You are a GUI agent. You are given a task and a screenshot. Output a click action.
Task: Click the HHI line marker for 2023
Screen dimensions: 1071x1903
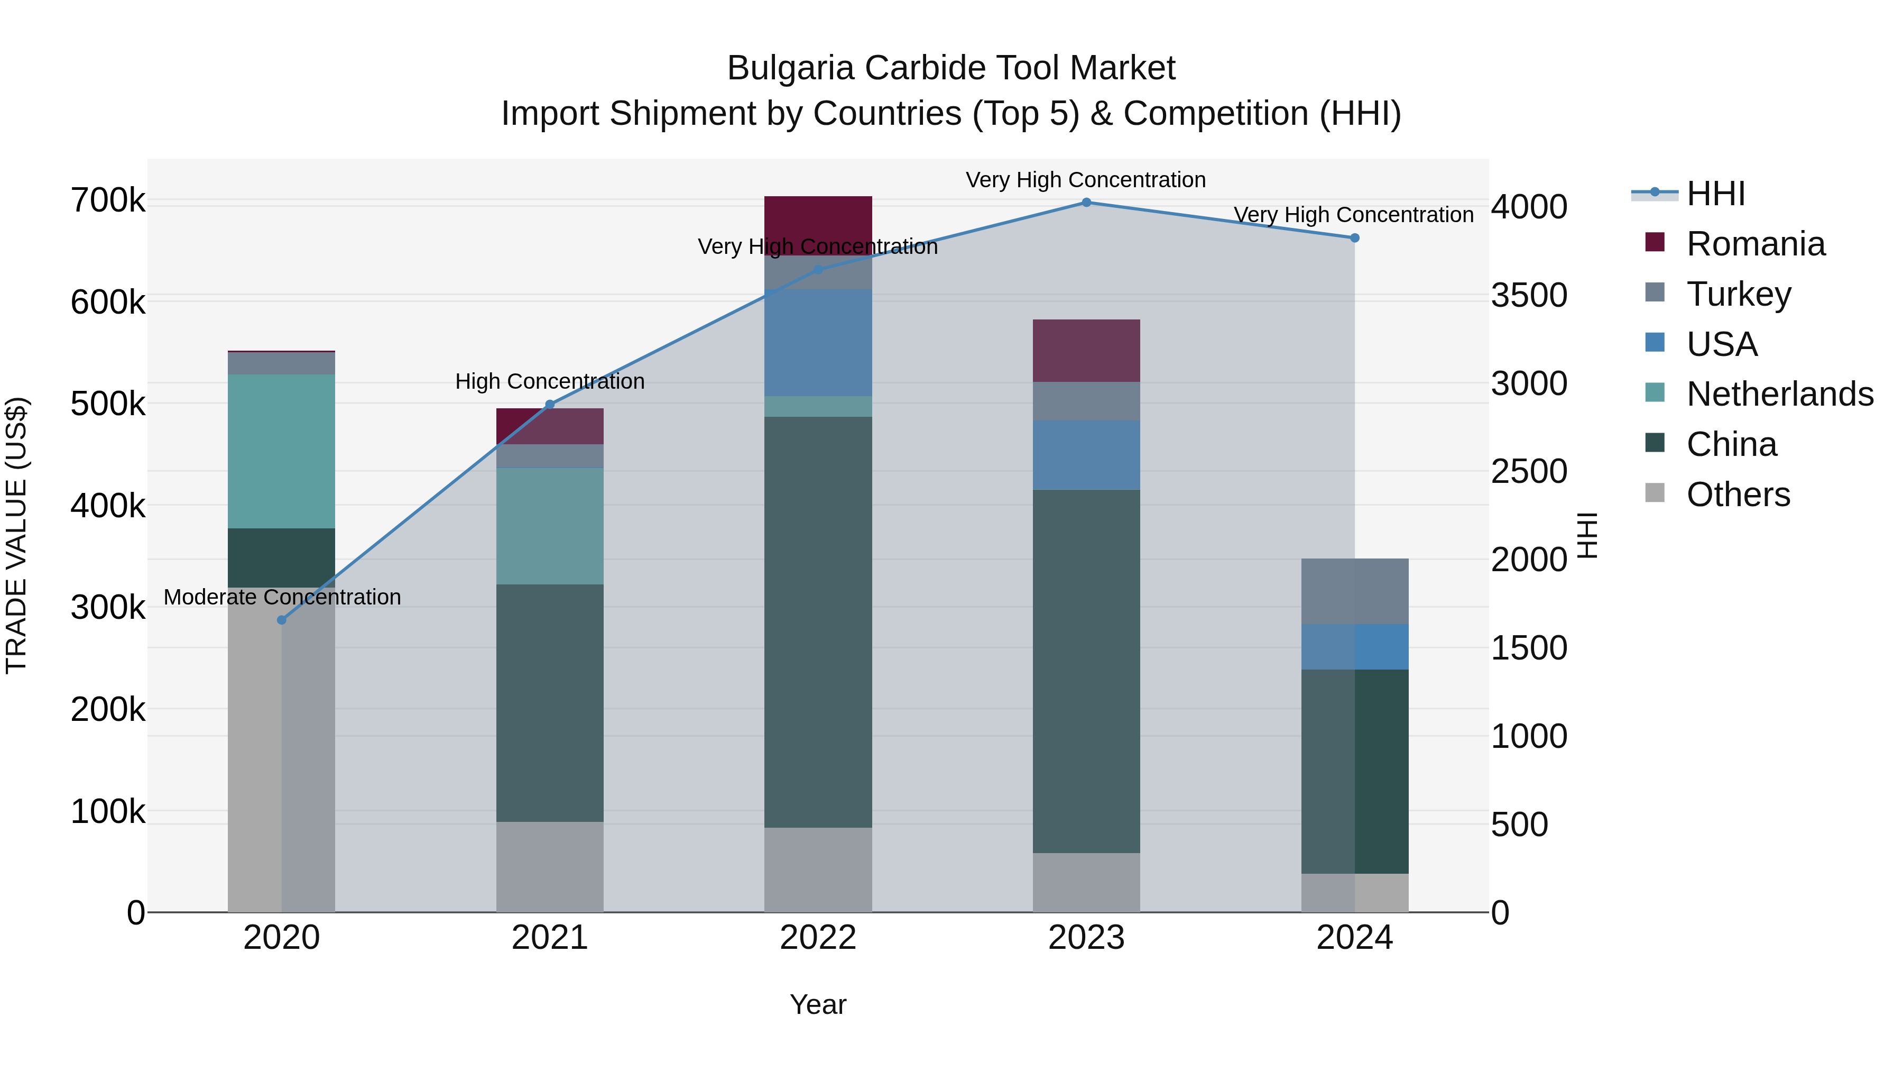tap(1086, 203)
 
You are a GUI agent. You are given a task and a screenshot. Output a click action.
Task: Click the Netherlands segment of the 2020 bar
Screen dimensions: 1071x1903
tap(281, 451)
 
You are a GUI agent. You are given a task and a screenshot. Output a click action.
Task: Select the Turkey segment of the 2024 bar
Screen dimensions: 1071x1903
tap(1354, 591)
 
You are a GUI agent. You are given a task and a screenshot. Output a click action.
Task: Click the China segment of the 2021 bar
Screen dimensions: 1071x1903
tap(550, 702)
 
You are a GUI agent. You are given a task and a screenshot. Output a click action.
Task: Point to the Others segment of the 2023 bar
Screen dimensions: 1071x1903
tap(1086, 883)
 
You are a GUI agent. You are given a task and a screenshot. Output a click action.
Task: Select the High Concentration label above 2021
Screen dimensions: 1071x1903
tap(550, 381)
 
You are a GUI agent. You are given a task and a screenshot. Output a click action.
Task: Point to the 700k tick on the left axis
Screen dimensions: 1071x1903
tap(108, 201)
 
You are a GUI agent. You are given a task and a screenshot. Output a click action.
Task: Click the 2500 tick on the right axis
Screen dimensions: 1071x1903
tap(1528, 472)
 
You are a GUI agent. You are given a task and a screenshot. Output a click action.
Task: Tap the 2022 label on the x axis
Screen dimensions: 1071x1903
tap(818, 938)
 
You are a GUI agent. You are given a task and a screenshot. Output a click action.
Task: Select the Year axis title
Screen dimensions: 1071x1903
tap(818, 1004)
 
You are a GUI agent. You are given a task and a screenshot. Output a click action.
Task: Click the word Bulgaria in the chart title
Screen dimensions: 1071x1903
tap(791, 69)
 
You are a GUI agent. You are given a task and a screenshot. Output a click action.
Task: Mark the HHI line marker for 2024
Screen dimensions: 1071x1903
tap(1354, 238)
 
